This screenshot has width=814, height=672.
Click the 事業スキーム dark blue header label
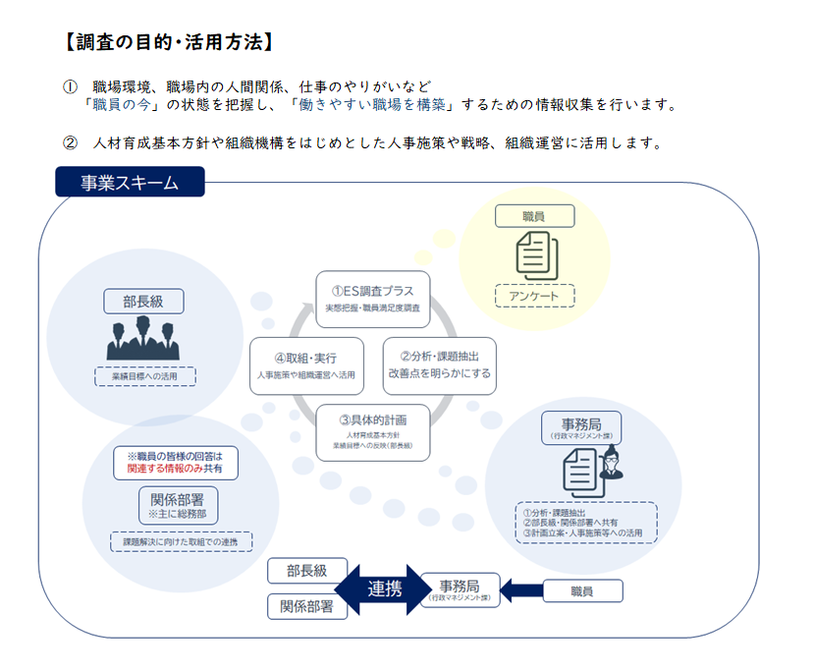130,182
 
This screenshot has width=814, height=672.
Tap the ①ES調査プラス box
373,299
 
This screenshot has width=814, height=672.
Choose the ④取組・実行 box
306,365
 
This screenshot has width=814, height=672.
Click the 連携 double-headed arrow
385,589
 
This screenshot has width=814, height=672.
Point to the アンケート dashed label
534,295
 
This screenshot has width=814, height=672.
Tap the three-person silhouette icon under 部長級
144,339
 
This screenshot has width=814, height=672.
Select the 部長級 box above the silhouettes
144,301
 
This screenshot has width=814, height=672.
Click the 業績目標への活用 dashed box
144,375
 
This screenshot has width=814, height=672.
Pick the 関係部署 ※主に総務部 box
178,503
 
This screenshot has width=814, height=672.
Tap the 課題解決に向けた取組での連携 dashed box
181,540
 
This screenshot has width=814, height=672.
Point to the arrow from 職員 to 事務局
521,590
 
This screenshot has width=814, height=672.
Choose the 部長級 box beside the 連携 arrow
307,570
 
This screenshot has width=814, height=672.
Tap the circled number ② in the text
70,142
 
